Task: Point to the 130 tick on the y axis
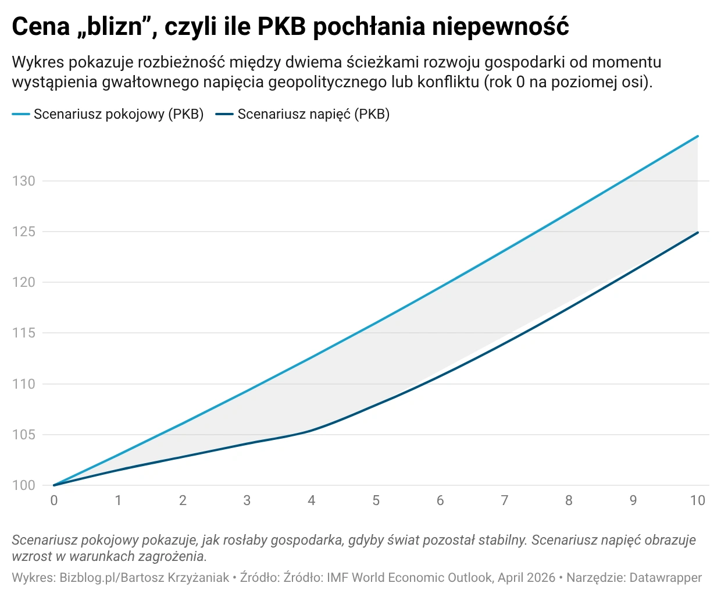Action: (x=24, y=181)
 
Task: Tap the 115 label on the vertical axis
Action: (x=24, y=333)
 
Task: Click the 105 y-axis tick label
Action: (x=24, y=435)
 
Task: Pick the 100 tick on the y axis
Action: (x=24, y=485)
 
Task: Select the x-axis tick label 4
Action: (x=312, y=500)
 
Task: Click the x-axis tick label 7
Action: (x=505, y=500)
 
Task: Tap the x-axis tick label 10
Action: (x=697, y=500)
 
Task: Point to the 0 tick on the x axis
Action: (x=54, y=500)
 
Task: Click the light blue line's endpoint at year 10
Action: (x=697, y=136)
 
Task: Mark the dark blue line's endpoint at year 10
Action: (x=697, y=232)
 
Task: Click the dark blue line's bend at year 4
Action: (x=312, y=431)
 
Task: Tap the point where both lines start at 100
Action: (x=54, y=485)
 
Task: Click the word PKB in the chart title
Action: (x=281, y=27)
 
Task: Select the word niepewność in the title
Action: (x=500, y=27)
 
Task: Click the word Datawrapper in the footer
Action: (x=665, y=578)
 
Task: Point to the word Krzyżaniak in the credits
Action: (x=197, y=578)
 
